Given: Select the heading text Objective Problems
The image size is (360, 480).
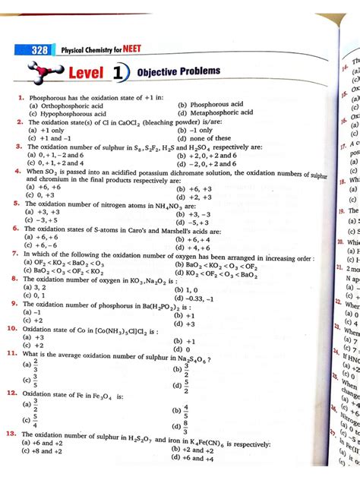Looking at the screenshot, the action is pyautogui.click(x=179, y=72).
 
